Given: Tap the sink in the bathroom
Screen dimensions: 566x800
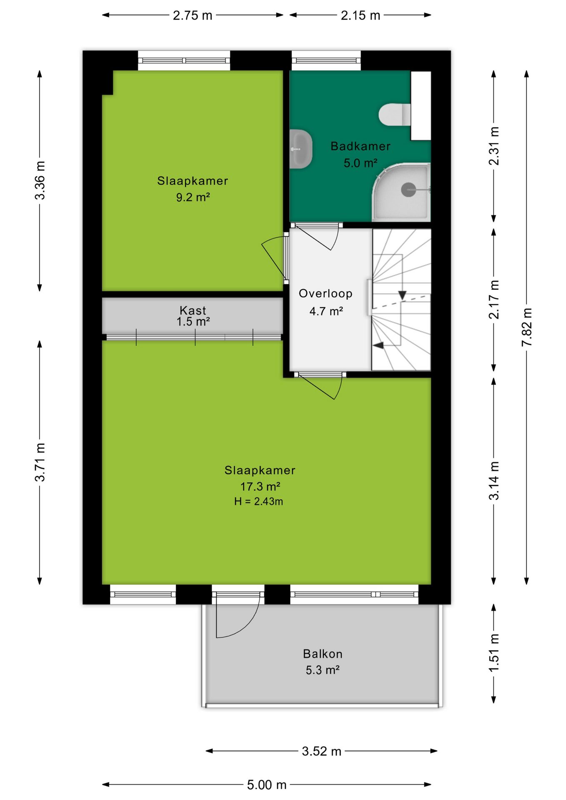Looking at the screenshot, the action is tap(301, 149).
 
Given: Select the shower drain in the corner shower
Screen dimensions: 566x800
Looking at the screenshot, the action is tap(408, 190).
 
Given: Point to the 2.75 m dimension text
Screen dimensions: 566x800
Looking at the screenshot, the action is tap(193, 15).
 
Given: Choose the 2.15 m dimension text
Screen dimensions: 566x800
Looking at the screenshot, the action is tap(361, 15).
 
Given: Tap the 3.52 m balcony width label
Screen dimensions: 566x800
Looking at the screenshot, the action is tap(321, 751).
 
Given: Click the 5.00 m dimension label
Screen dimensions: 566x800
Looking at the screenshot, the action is tap(267, 785).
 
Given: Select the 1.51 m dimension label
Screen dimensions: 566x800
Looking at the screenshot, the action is tap(493, 652).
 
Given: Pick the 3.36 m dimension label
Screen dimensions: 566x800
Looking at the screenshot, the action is tap(40, 180).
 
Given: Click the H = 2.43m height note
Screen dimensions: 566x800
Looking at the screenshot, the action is tap(258, 501).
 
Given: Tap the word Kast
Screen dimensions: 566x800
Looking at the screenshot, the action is tap(193, 310).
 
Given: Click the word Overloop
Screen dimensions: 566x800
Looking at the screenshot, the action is tap(326, 294).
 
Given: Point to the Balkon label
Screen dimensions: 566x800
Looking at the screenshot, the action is tap(323, 654).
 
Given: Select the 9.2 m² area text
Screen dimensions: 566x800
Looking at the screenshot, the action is tap(193, 197).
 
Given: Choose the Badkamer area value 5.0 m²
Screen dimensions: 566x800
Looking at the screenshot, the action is tap(360, 163).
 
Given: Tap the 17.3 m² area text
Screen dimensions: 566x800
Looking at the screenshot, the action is tap(260, 486).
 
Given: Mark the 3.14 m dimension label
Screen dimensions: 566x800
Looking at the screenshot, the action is tap(493, 480).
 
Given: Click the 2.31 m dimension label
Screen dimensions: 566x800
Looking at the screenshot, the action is tap(493, 146).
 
